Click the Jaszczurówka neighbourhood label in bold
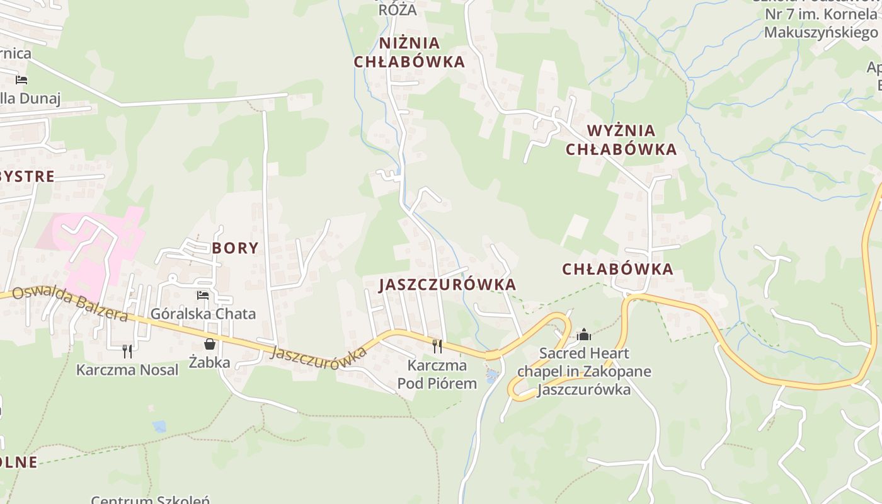click(447, 285)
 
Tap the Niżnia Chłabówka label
click(409, 52)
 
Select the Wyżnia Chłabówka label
click(621, 140)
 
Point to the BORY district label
click(235, 248)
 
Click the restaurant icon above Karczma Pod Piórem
click(437, 346)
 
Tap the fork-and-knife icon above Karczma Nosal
click(127, 350)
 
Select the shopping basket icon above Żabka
click(210, 344)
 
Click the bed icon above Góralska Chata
click(203, 295)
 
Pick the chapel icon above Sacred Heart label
click(584, 334)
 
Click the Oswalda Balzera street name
click(69, 304)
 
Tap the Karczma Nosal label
click(127, 370)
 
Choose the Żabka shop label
click(210, 362)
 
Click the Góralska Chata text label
click(203, 314)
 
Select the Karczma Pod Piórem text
click(437, 374)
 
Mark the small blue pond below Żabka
click(159, 427)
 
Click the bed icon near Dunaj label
click(21, 80)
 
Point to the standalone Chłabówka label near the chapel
click(617, 269)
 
